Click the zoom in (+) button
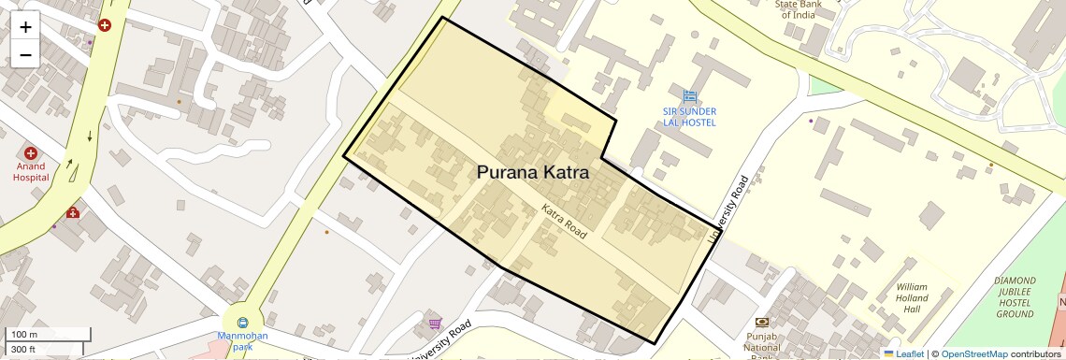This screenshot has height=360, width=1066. (x=25, y=27)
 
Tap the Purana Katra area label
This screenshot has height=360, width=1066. (x=533, y=173)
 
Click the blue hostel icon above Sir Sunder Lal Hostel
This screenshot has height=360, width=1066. (x=690, y=96)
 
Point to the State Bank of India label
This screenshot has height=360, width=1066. (x=800, y=8)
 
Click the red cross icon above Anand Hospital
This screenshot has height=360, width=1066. (x=31, y=152)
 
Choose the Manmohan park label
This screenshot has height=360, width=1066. (x=242, y=340)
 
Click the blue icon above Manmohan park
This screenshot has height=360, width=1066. (x=243, y=323)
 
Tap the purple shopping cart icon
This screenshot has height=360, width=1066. (x=435, y=324)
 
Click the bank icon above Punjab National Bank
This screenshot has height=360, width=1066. (x=762, y=322)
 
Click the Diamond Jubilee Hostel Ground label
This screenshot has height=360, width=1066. (x=1015, y=297)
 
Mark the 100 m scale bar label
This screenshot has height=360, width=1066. (x=23, y=335)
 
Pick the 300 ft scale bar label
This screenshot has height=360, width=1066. (x=23, y=350)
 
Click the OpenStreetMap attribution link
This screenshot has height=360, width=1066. (x=973, y=353)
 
